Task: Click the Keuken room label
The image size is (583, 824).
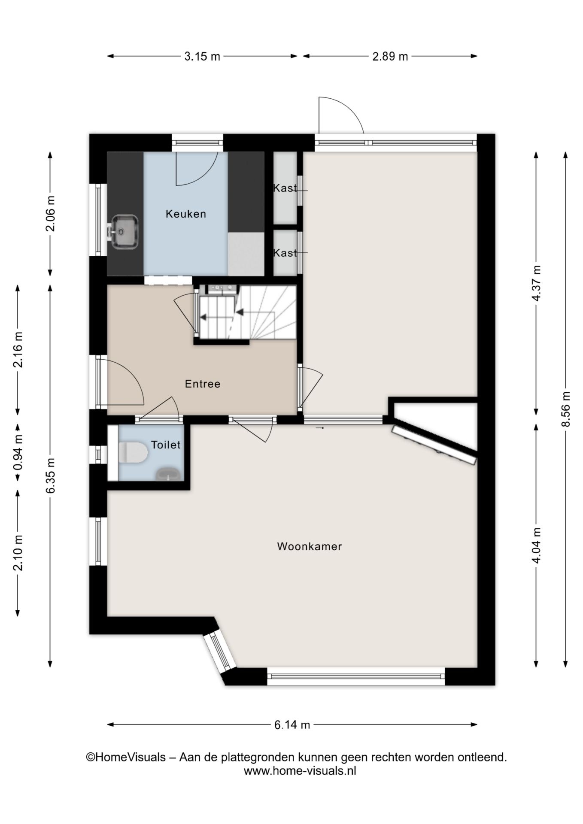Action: [x=186, y=214]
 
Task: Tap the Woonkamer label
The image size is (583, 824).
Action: [x=310, y=546]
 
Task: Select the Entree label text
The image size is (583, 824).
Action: [x=203, y=384]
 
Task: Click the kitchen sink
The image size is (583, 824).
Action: [x=125, y=232]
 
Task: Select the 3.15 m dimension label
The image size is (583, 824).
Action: [x=202, y=56]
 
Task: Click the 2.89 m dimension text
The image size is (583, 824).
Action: [x=390, y=56]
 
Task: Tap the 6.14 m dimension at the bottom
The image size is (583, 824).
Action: [x=292, y=725]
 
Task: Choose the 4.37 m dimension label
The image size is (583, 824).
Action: [x=536, y=283]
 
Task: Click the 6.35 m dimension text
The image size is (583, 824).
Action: [x=50, y=476]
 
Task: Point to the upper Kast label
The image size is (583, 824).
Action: [x=285, y=188]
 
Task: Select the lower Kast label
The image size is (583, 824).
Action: [x=285, y=253]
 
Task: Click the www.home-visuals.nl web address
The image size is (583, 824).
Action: [x=300, y=771]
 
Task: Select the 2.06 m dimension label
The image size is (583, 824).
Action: [x=50, y=213]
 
